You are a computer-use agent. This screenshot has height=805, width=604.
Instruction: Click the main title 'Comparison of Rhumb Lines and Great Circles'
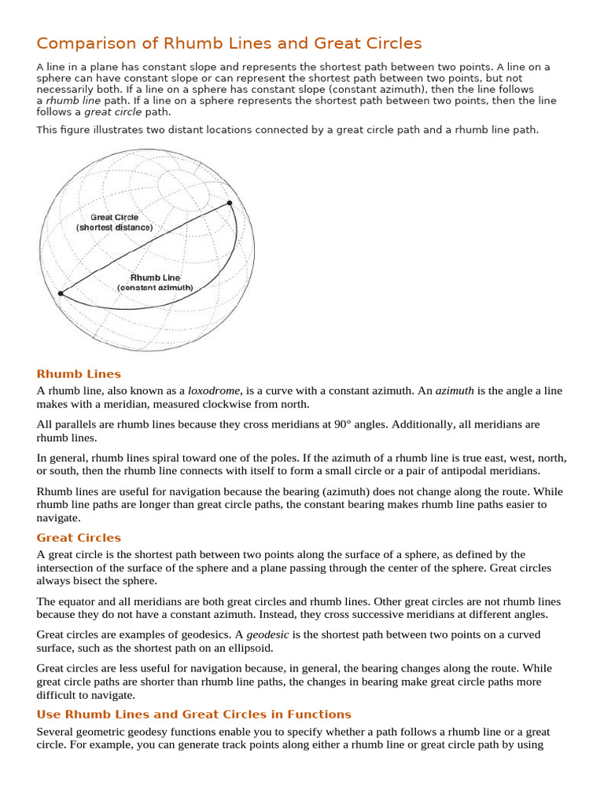click(x=229, y=43)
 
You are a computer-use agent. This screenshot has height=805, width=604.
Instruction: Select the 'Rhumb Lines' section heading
click(x=79, y=374)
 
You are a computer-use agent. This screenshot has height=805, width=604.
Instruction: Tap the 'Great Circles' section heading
click(x=79, y=538)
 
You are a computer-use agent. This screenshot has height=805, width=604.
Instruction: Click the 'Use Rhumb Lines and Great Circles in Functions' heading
click(x=193, y=715)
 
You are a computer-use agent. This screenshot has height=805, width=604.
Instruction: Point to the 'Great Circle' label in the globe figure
click(x=114, y=217)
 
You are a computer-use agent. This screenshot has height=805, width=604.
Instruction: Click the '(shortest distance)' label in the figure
click(x=114, y=227)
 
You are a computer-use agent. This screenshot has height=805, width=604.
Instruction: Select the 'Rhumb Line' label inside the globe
click(x=155, y=278)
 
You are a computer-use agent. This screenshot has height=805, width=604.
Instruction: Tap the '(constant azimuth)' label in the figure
click(x=155, y=288)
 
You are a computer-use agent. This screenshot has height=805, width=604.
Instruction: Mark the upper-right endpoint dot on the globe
click(x=230, y=204)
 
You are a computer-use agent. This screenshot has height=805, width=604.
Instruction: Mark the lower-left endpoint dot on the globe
click(x=61, y=293)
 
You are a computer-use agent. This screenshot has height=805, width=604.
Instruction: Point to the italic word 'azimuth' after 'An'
click(x=455, y=391)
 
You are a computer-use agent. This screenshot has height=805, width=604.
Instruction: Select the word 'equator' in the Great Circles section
click(x=77, y=601)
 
